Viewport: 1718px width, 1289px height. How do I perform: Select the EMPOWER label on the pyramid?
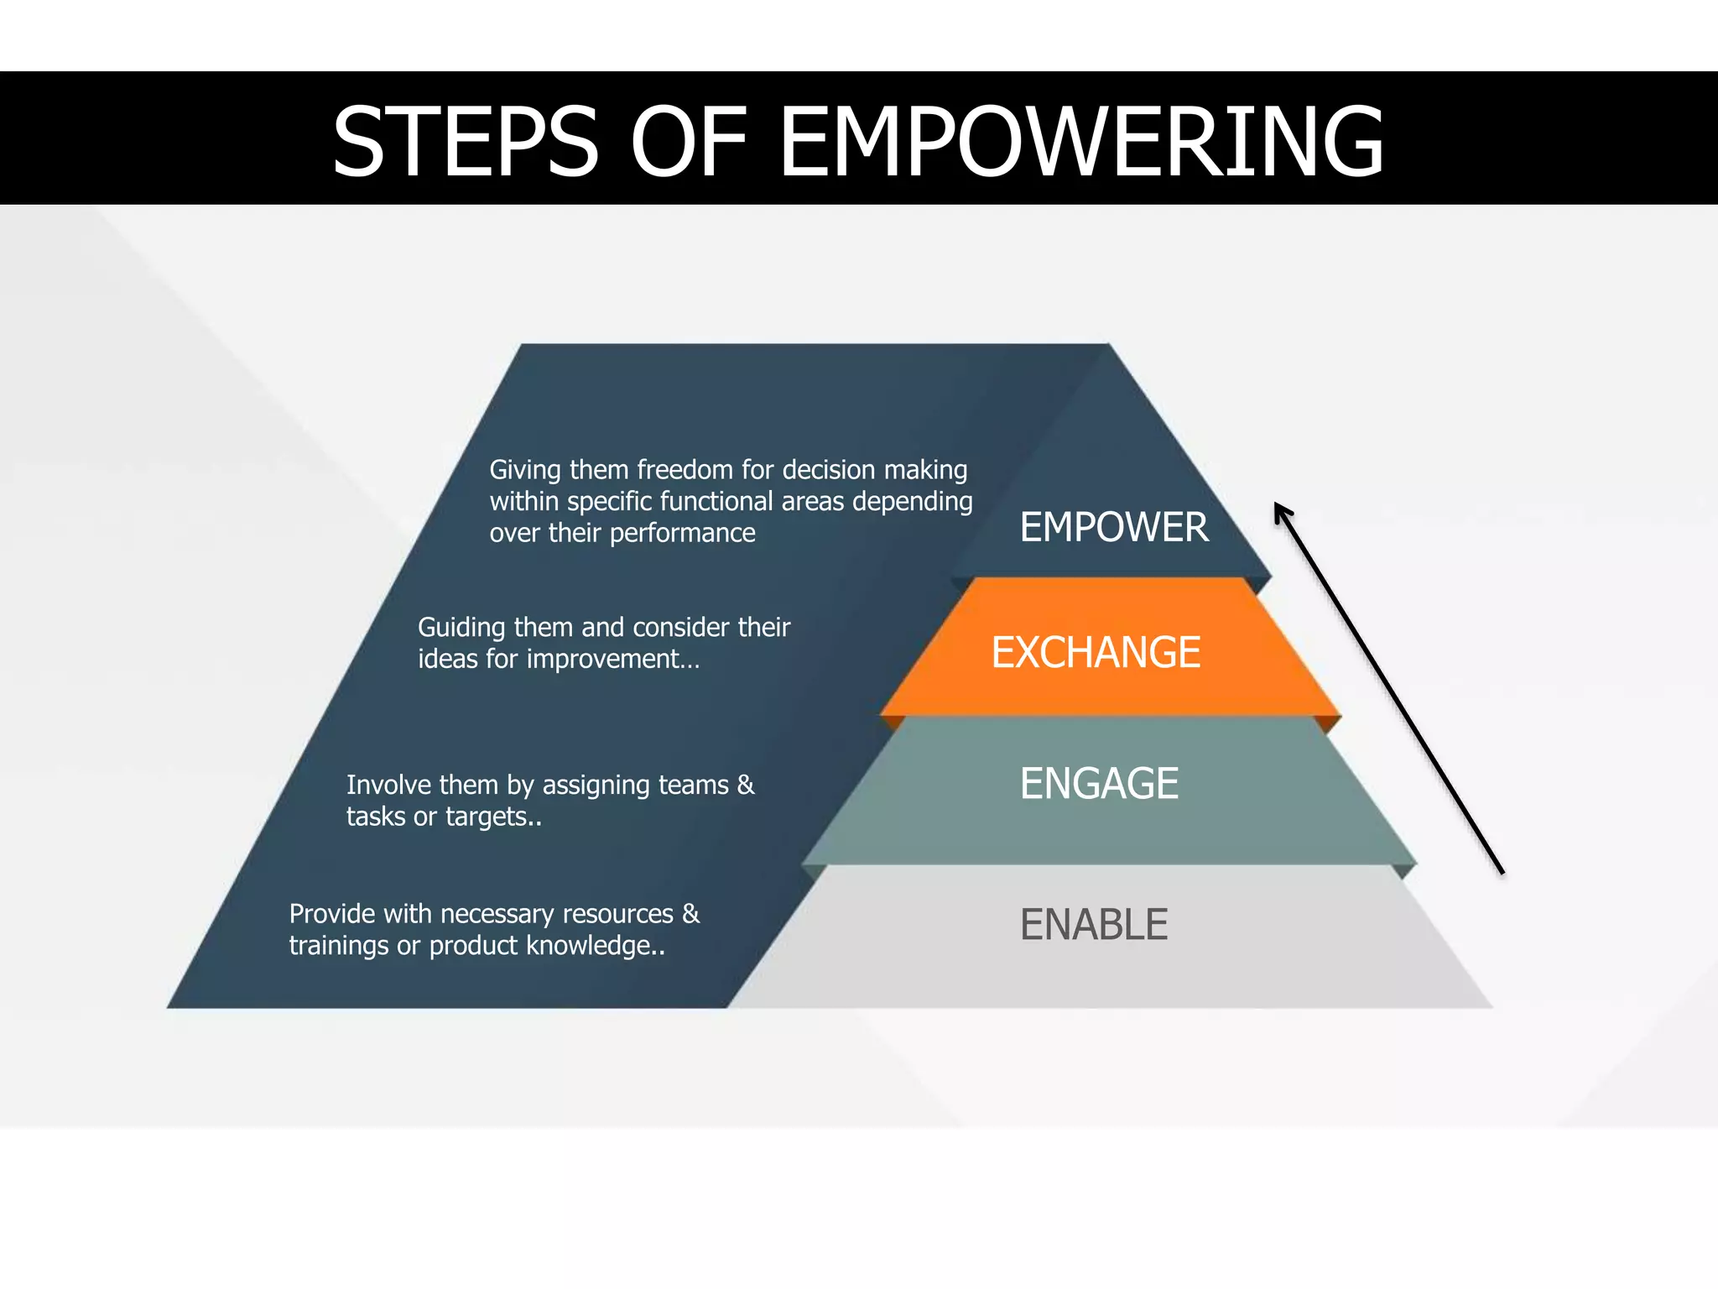(1114, 527)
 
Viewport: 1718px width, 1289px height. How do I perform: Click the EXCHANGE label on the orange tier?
(1096, 653)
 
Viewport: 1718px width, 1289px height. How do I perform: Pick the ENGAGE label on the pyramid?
(1099, 784)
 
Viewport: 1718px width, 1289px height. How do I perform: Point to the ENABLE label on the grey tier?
(1094, 925)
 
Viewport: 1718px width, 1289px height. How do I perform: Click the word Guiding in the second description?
(461, 628)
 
